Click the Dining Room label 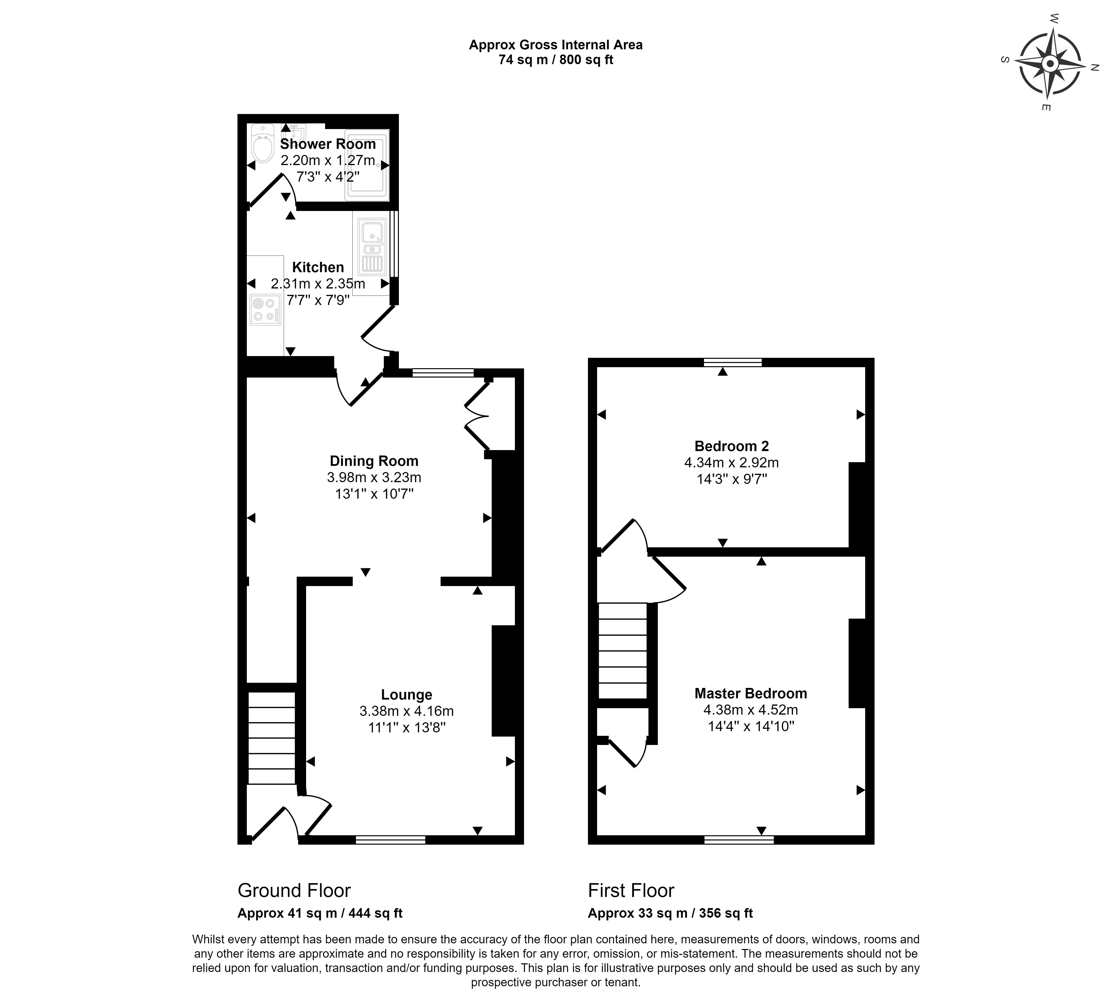(x=374, y=461)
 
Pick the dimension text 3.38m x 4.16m (x=407, y=711)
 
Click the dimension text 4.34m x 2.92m (x=731, y=463)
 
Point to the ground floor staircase (x=271, y=738)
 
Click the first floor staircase (x=623, y=651)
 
